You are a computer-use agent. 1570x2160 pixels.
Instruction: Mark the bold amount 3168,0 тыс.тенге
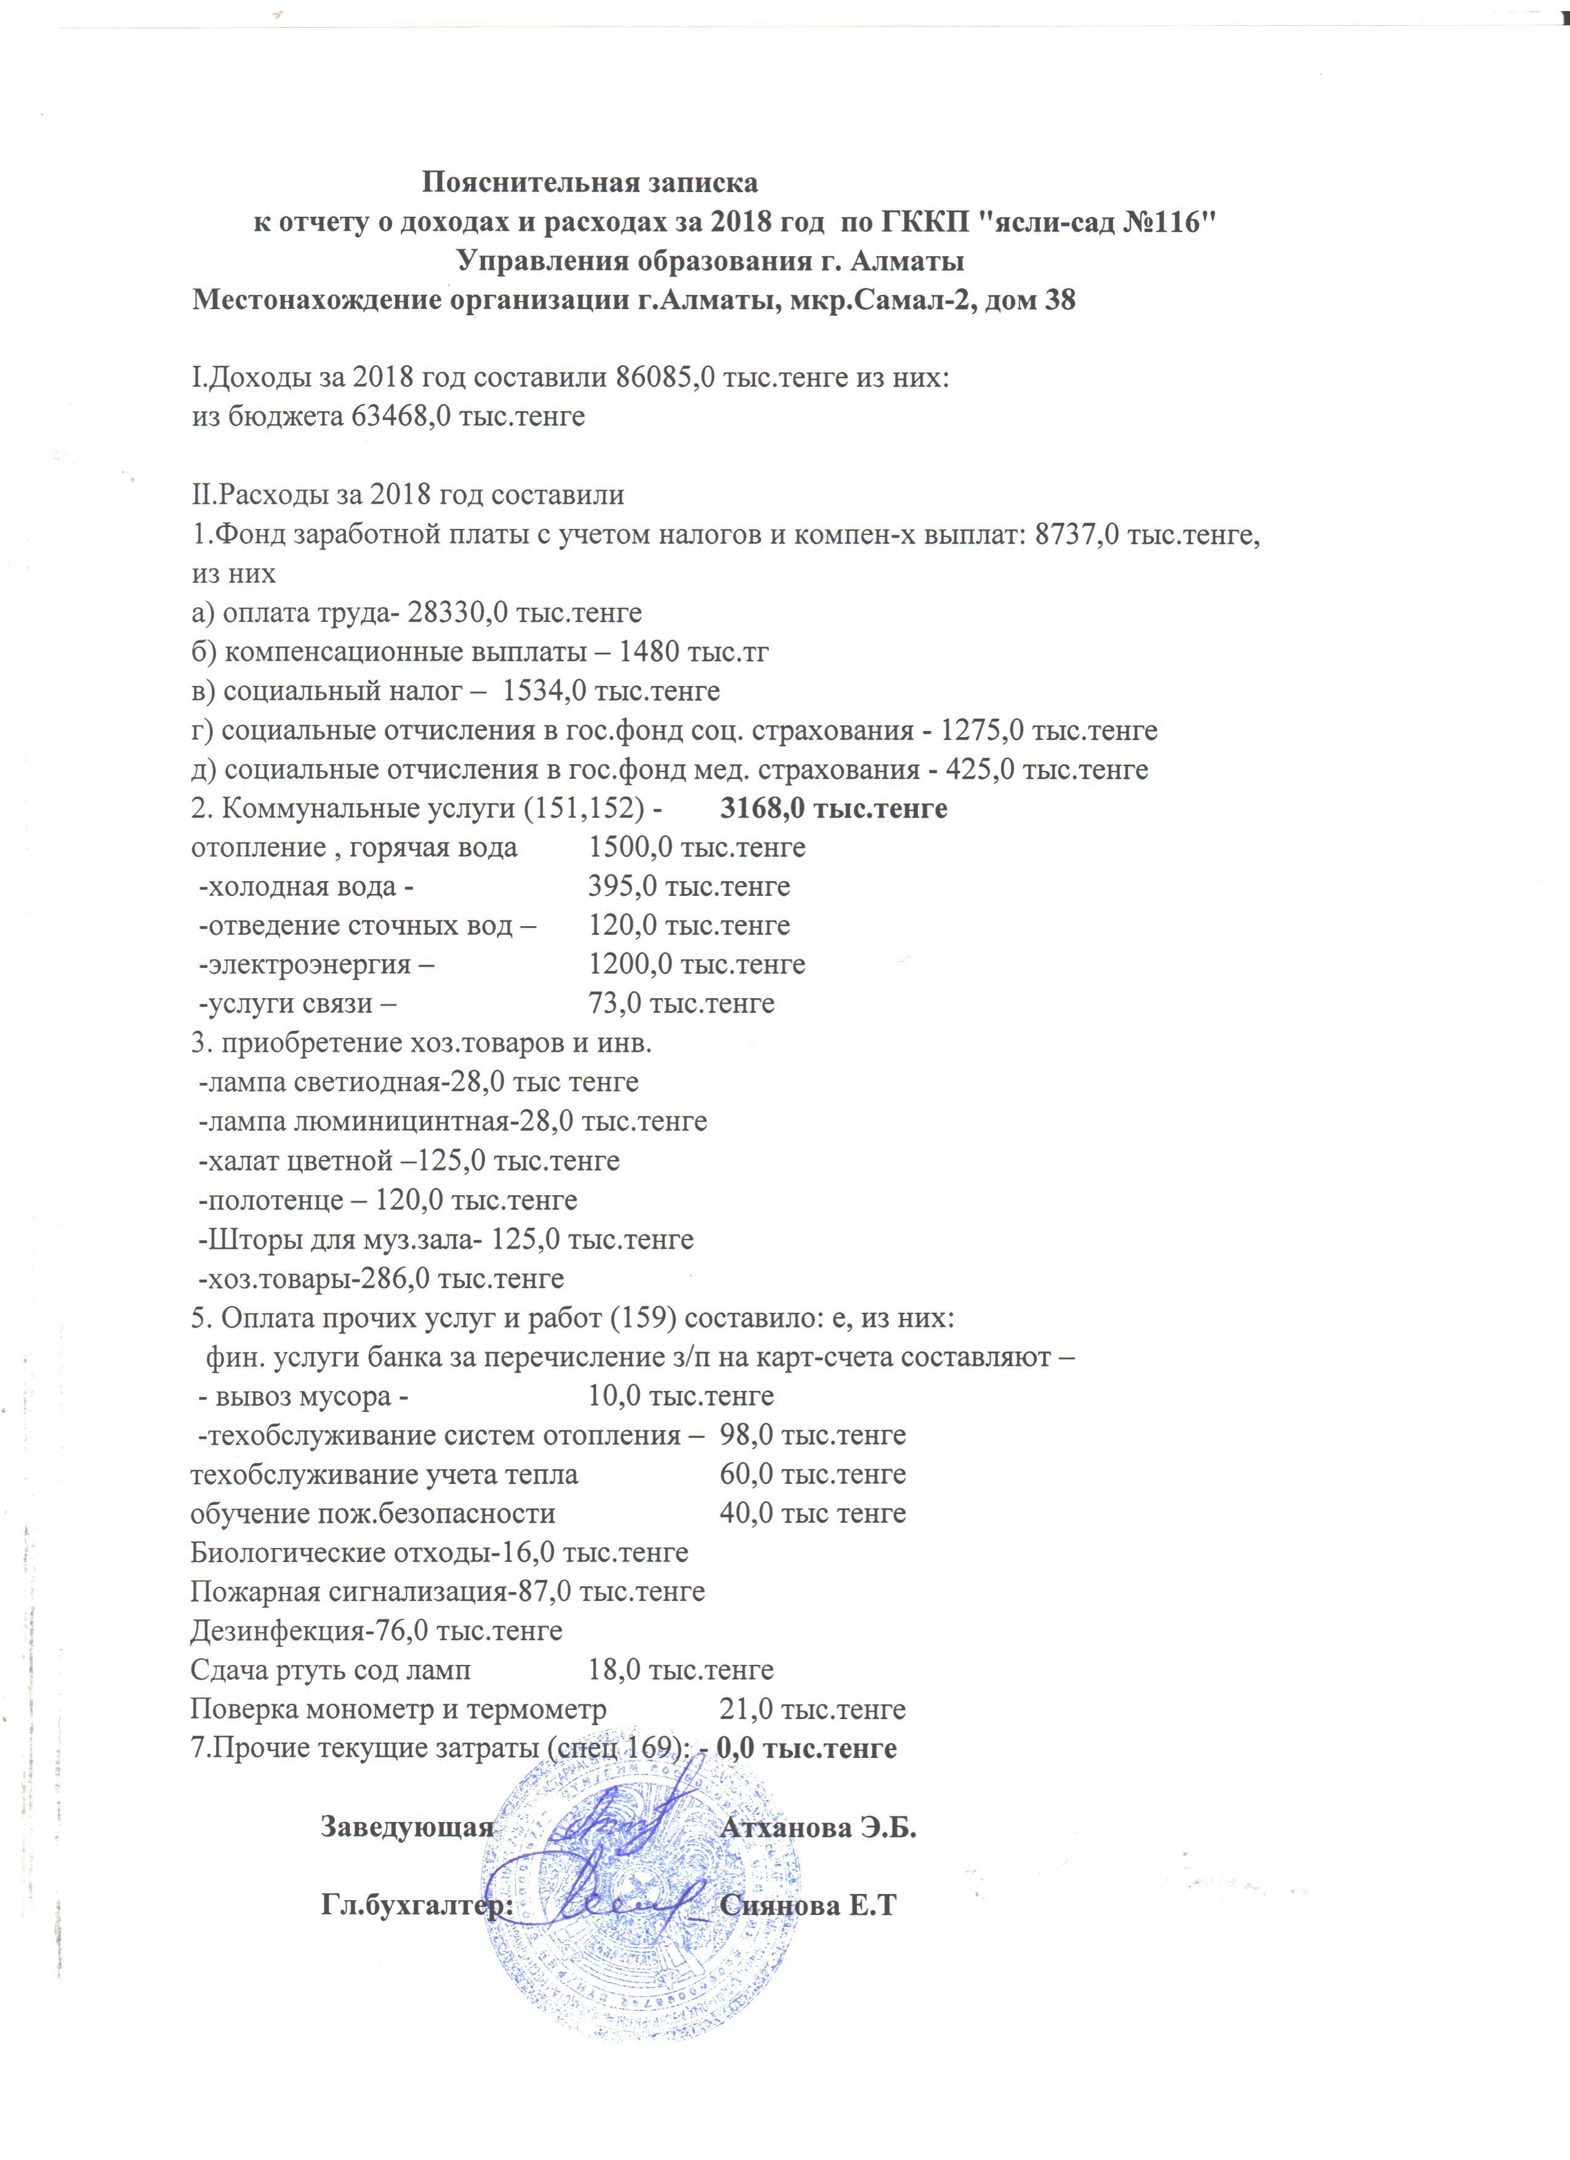pos(833,808)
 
